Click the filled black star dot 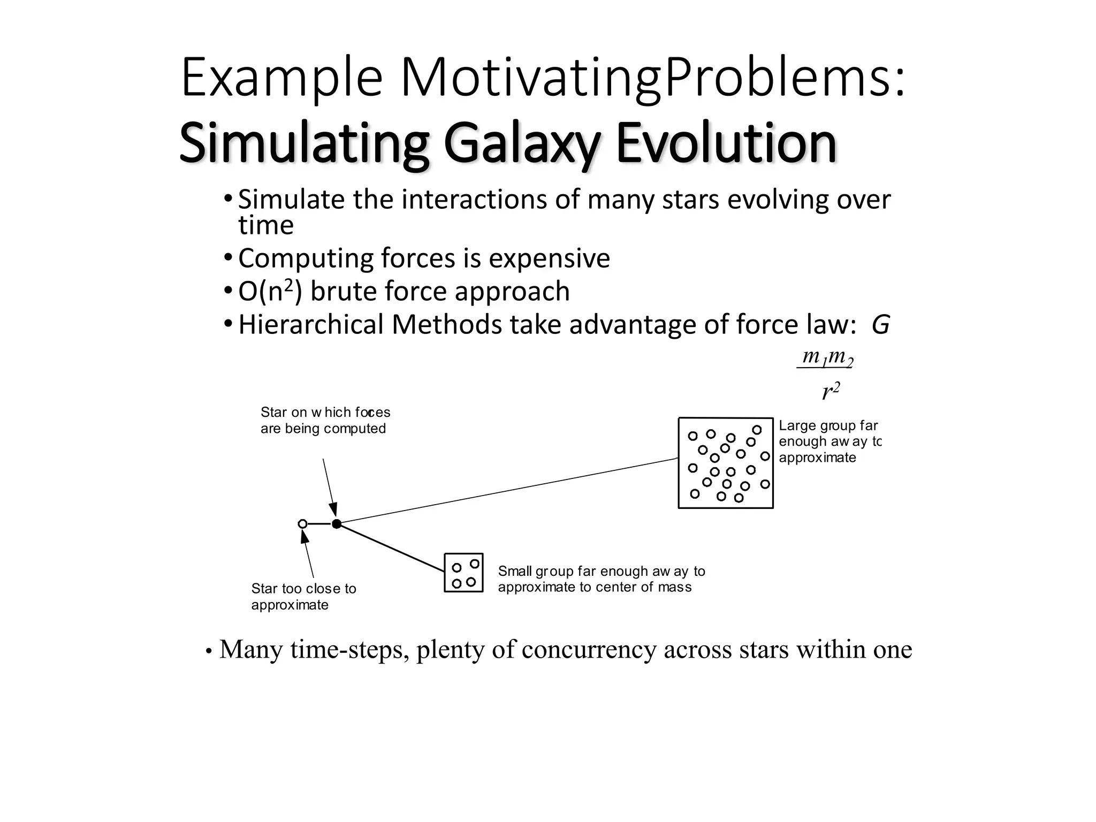point(336,524)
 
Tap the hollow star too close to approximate point(302,524)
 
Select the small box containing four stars point(463,573)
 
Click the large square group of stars point(726,463)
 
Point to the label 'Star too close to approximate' point(303,597)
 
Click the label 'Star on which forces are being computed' point(325,420)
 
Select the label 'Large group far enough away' point(829,442)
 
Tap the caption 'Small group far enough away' point(601,579)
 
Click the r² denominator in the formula point(831,391)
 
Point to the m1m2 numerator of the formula point(827,356)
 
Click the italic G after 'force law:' point(880,325)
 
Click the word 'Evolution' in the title point(726,143)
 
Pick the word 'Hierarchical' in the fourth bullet point(311,325)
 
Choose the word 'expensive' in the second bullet point(549,258)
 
